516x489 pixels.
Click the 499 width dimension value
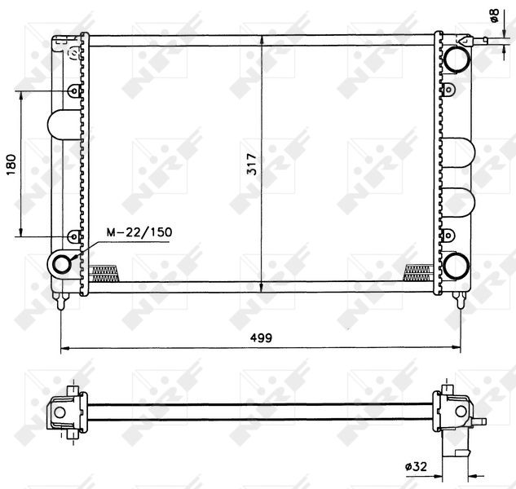pyautogui.click(x=261, y=337)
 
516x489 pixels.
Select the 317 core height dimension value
pyautogui.click(x=252, y=164)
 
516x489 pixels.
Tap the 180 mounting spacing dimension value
pyautogui.click(x=11, y=165)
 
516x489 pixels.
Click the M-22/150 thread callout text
pyautogui.click(x=139, y=232)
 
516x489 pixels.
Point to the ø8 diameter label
pyautogui.click(x=495, y=15)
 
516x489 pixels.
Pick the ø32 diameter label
pyautogui.click(x=416, y=466)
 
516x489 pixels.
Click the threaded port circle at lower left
pyautogui.click(x=61, y=264)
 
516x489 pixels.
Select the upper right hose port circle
pyautogui.click(x=456, y=59)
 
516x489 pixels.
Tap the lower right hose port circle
pyautogui.click(x=456, y=267)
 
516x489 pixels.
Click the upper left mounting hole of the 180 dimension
pyautogui.click(x=74, y=90)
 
